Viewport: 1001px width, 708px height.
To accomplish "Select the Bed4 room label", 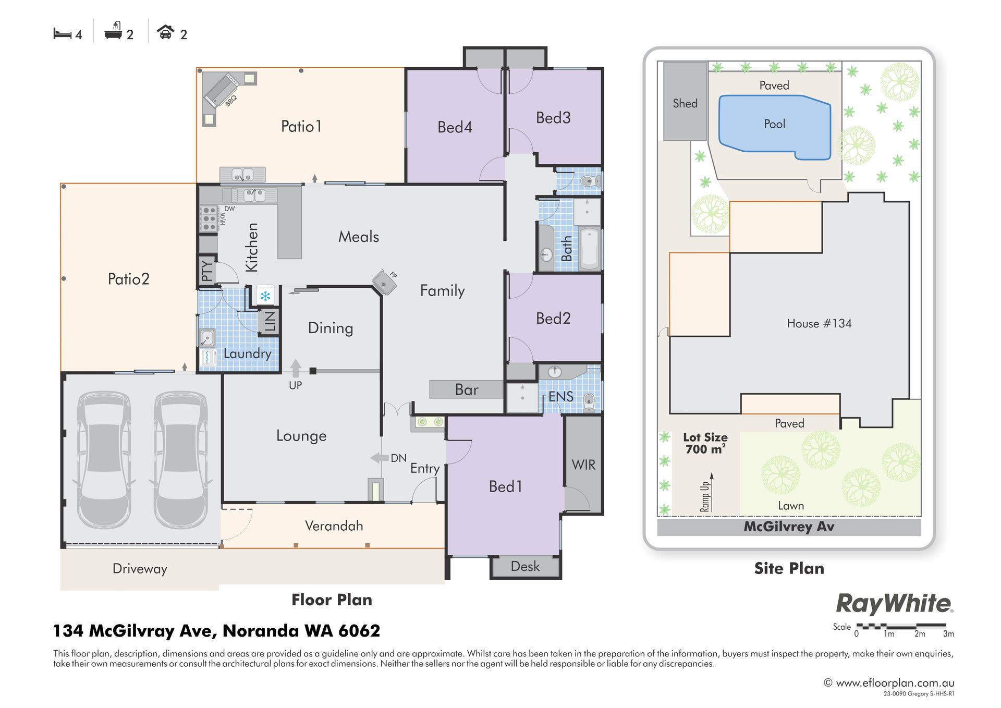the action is (455, 127).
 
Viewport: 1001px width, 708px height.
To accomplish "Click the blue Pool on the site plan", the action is (775, 127).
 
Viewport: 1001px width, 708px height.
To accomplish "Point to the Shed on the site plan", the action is (685, 102).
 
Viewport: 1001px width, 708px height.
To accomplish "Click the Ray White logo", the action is (895, 604).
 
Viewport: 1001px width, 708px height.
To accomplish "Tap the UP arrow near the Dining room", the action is (296, 368).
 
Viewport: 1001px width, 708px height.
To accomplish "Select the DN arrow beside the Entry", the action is (379, 458).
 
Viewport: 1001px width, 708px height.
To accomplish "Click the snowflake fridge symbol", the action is (265, 297).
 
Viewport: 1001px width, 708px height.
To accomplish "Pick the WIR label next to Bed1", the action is (583, 465).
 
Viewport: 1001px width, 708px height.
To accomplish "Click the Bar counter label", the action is (467, 389).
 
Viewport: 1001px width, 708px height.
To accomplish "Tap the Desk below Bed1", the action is (526, 567).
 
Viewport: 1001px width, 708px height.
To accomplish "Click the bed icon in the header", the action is (62, 34).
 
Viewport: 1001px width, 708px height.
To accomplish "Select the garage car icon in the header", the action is (166, 32).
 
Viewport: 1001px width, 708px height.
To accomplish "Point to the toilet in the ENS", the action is (589, 402).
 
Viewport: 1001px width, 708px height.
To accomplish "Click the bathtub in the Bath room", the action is (590, 248).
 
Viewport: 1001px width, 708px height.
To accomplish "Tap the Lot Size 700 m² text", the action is (705, 443).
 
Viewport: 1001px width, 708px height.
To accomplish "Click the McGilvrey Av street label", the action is (789, 527).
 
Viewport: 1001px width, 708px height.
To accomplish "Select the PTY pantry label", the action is (207, 271).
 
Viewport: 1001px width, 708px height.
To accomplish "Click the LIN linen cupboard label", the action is (270, 321).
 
